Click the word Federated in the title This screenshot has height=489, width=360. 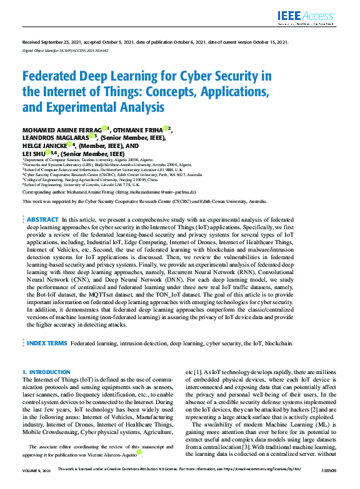click(54, 77)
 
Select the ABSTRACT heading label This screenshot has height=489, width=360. click(42, 220)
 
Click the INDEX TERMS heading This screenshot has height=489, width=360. click(46, 343)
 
